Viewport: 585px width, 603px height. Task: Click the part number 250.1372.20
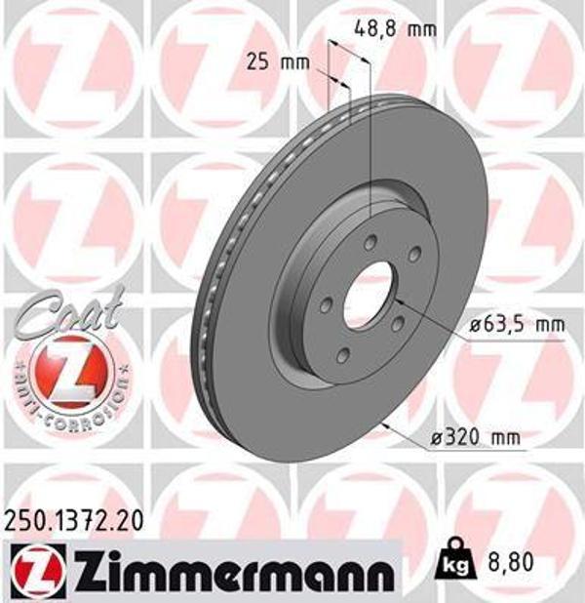tap(73, 525)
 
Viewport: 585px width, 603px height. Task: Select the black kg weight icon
tap(452, 563)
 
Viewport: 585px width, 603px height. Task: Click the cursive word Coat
tap(63, 313)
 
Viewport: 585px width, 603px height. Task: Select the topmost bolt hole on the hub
tap(371, 240)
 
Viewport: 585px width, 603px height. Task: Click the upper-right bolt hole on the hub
tap(414, 256)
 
